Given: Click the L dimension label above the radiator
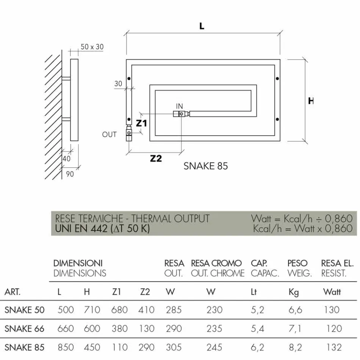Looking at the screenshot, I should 202,26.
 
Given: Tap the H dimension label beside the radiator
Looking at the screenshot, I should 311,101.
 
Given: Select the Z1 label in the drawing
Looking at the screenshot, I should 141,123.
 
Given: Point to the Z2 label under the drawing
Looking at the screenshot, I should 156,158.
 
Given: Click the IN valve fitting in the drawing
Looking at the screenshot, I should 181,114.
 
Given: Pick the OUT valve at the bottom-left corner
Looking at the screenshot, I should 129,133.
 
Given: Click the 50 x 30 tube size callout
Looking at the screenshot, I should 92,47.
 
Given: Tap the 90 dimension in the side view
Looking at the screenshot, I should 70,174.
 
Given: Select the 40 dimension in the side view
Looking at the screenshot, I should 66,159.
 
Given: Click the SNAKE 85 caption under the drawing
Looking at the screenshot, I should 205,166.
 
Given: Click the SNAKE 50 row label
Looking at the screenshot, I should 24,310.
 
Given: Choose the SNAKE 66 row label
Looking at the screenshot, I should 24,328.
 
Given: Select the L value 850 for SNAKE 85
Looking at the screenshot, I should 66,347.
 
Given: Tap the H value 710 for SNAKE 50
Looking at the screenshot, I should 92,310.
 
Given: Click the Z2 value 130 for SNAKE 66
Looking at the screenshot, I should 147,328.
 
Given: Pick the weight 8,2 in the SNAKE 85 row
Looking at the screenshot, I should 295,347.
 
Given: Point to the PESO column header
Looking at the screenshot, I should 297,263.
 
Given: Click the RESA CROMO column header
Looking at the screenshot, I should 216,263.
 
